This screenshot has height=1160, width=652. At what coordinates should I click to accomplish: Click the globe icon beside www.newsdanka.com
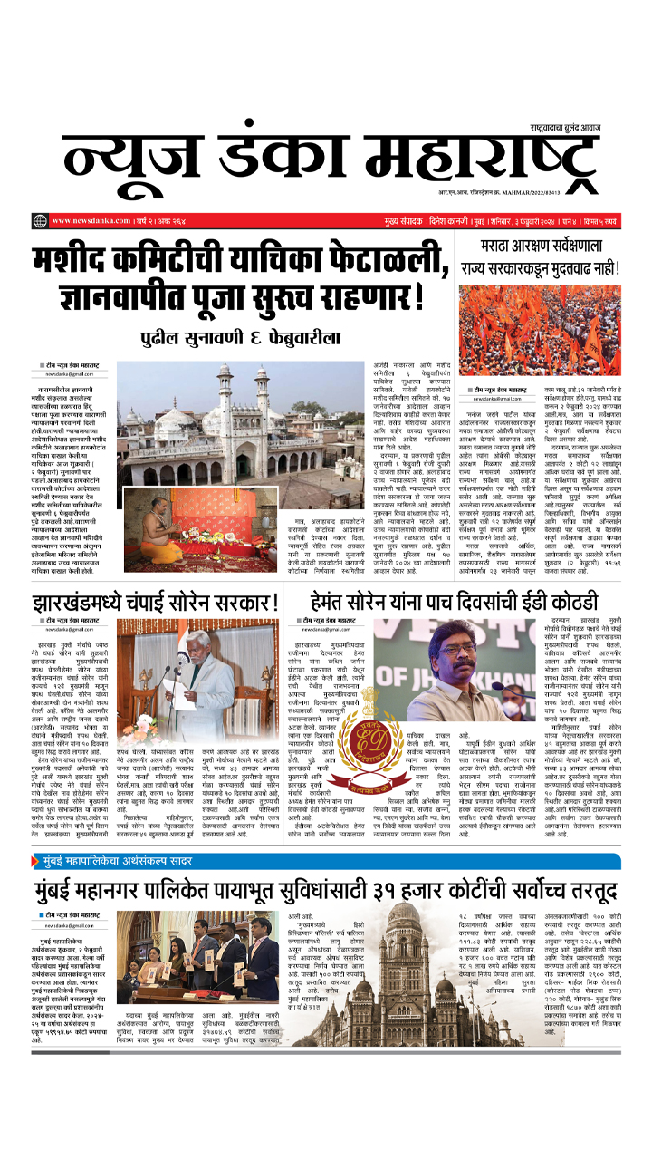tap(40, 221)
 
